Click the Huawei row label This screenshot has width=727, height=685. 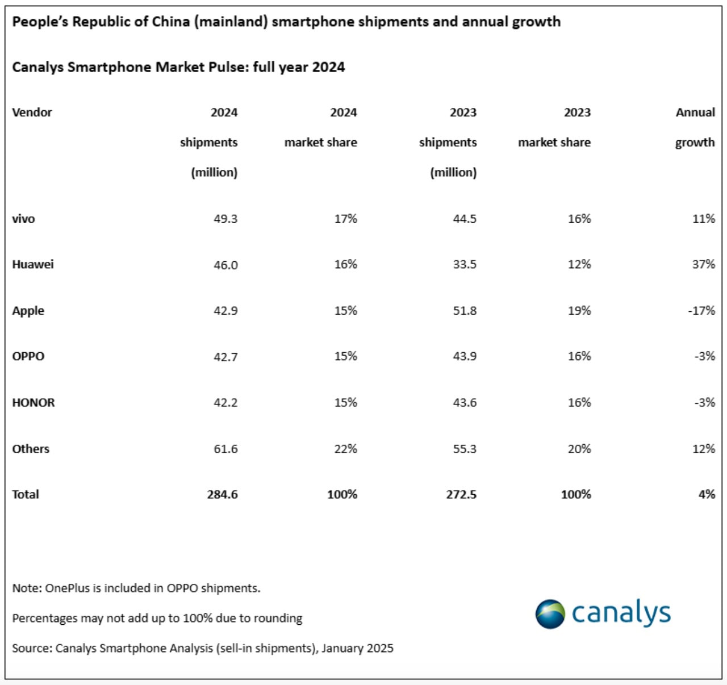[x=33, y=264]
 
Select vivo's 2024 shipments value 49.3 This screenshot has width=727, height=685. [x=225, y=219]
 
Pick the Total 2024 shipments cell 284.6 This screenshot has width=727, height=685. [x=222, y=494]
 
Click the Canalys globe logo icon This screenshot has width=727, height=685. [x=550, y=614]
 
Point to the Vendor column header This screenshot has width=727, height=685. [x=32, y=112]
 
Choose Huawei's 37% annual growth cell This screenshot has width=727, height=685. [x=703, y=264]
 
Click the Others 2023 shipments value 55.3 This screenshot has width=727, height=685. [x=464, y=449]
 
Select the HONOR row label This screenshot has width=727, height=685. [x=34, y=403]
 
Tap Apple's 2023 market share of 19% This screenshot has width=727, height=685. [x=579, y=311]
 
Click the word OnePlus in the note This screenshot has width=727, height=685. [x=68, y=588]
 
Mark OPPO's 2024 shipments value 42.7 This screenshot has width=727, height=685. [x=225, y=357]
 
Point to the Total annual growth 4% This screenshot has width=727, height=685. [x=707, y=494]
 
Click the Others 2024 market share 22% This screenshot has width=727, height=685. [x=345, y=449]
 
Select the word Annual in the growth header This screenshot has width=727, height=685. [x=695, y=112]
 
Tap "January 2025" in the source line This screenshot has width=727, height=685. [x=357, y=648]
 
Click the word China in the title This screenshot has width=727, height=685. [x=170, y=22]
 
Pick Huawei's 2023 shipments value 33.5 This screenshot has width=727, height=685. [x=464, y=264]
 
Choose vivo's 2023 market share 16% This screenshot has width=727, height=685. [x=579, y=219]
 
